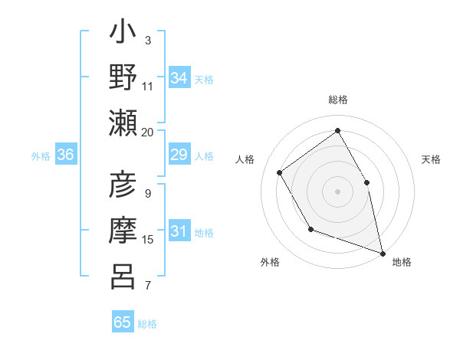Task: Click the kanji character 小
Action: click(x=123, y=34)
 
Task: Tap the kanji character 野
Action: click(x=123, y=77)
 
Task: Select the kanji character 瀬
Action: click(x=123, y=123)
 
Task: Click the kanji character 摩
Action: click(x=123, y=231)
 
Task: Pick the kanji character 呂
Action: click(x=123, y=276)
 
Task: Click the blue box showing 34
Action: click(x=179, y=78)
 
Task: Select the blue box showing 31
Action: click(x=179, y=232)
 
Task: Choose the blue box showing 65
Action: click(x=123, y=322)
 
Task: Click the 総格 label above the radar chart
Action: click(x=337, y=100)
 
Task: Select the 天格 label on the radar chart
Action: click(x=431, y=159)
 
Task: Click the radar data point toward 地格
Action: click(x=382, y=252)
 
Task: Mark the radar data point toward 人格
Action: click(x=280, y=172)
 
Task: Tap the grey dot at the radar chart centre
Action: click(x=337, y=191)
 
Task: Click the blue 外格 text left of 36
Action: click(x=41, y=156)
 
